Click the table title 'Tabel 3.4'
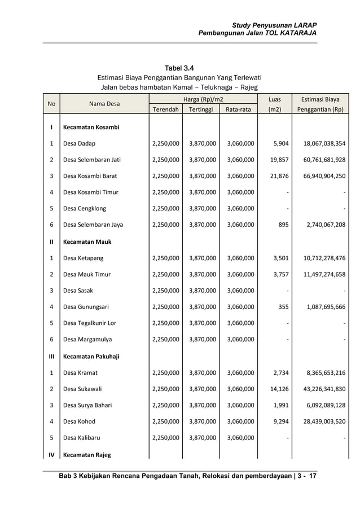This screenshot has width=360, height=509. tap(179, 68)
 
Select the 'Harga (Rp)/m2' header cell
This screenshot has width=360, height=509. tap(203, 99)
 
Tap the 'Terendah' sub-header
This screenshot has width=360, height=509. tap(165, 109)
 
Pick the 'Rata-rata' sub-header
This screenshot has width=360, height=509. tap(238, 109)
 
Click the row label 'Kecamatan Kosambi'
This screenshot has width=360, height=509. tap(91, 128)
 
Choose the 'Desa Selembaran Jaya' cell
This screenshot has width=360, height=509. tap(93, 225)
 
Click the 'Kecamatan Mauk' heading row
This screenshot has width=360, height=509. tap(87, 242)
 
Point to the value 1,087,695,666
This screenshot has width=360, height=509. tap(321, 307)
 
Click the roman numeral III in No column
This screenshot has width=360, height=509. tap(51, 357)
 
